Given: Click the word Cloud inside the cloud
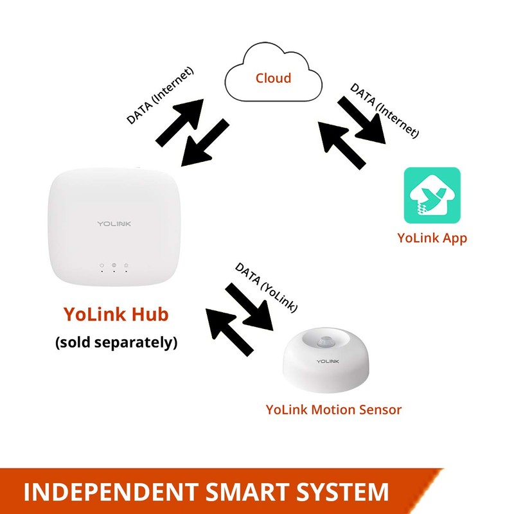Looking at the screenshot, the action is [x=273, y=78].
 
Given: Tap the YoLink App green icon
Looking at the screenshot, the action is [x=432, y=195].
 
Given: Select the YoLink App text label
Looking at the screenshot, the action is [x=432, y=238].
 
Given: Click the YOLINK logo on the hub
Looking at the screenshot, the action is [x=114, y=223].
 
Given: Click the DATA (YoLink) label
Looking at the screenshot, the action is [x=265, y=287].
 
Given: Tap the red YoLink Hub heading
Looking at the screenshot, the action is [x=116, y=314].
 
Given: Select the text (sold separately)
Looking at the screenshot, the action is [x=116, y=342].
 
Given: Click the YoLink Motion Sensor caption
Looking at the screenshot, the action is [x=334, y=409].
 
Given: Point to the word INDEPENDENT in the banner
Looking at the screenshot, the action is [x=103, y=492].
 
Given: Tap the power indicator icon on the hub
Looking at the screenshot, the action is [x=102, y=265].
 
